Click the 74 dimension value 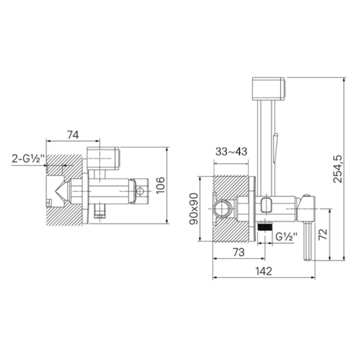click(x=73, y=135)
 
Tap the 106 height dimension click(x=160, y=185)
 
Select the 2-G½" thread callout click(x=28, y=158)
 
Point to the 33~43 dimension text click(x=231, y=151)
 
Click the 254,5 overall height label click(x=337, y=169)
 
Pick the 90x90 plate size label click(x=193, y=209)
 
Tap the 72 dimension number click(x=323, y=234)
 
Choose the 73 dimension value click(x=239, y=252)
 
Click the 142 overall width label click(x=264, y=271)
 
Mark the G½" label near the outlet click(x=286, y=236)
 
